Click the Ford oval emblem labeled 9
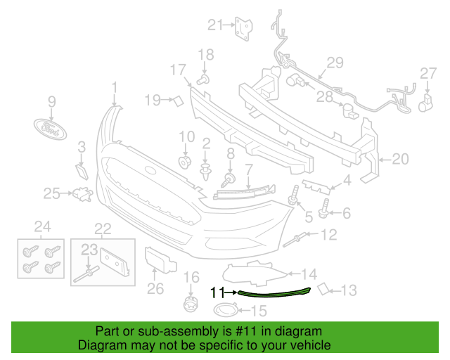pyautogui.click(x=50, y=129)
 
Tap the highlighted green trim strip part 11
pyautogui.click(x=274, y=293)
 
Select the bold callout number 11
pyautogui.click(x=217, y=292)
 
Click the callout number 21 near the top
pyautogui.click(x=215, y=25)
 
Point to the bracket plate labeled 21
pyautogui.click(x=244, y=29)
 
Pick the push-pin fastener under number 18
pyautogui.click(x=203, y=79)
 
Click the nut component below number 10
pyautogui.click(x=185, y=163)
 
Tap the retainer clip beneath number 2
pyautogui.click(x=205, y=172)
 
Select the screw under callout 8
pyautogui.click(x=228, y=180)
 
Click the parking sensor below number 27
pyautogui.click(x=425, y=103)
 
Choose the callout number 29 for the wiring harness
pyautogui.click(x=335, y=63)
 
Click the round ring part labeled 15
pyautogui.click(x=226, y=310)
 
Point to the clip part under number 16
pyautogui.click(x=191, y=304)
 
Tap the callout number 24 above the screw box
pyautogui.click(x=43, y=227)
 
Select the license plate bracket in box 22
pyautogui.click(x=115, y=262)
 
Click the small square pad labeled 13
pyautogui.click(x=323, y=289)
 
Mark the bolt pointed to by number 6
pyautogui.click(x=323, y=209)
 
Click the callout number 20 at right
pyautogui.click(x=400, y=159)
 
